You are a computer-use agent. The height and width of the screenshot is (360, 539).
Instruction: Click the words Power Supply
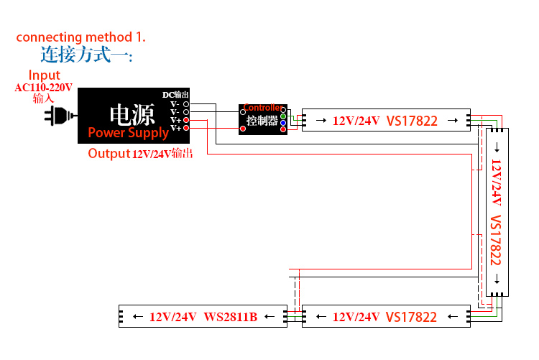pos(128,133)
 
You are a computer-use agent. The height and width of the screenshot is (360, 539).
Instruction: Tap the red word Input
pos(44,75)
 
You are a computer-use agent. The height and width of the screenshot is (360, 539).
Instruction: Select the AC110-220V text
pos(44,88)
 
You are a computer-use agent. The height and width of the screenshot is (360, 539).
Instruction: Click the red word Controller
pos(262,108)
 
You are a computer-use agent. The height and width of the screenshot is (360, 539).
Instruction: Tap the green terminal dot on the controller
pos(283,116)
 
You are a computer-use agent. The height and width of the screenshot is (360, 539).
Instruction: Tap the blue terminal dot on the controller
pos(283,123)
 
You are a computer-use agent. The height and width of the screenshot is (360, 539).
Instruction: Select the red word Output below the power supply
pos(108,153)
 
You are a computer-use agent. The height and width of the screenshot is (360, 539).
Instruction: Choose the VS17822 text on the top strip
pos(412,121)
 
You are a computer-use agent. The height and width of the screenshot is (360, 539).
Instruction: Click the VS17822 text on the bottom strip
pos(411,317)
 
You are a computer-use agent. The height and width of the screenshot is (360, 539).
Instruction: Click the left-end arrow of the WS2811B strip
pos(137,317)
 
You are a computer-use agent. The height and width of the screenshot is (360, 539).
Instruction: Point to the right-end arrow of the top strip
pos(453,121)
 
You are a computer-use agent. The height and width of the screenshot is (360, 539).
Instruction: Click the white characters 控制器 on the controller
pos(262,121)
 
